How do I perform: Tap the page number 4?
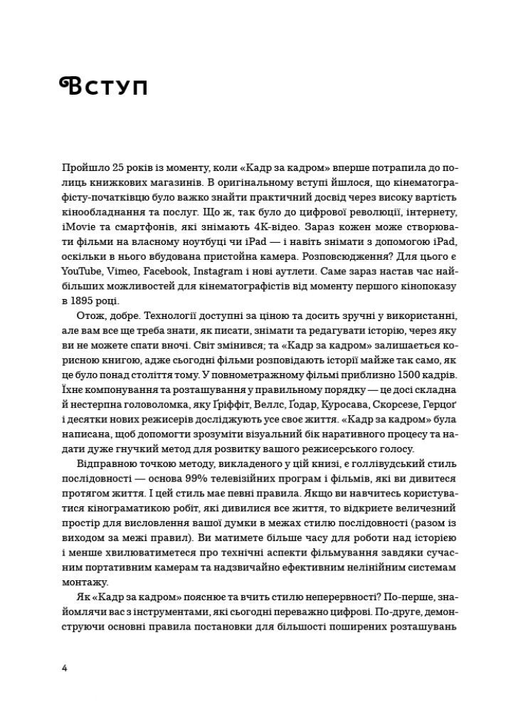[65, 668]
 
